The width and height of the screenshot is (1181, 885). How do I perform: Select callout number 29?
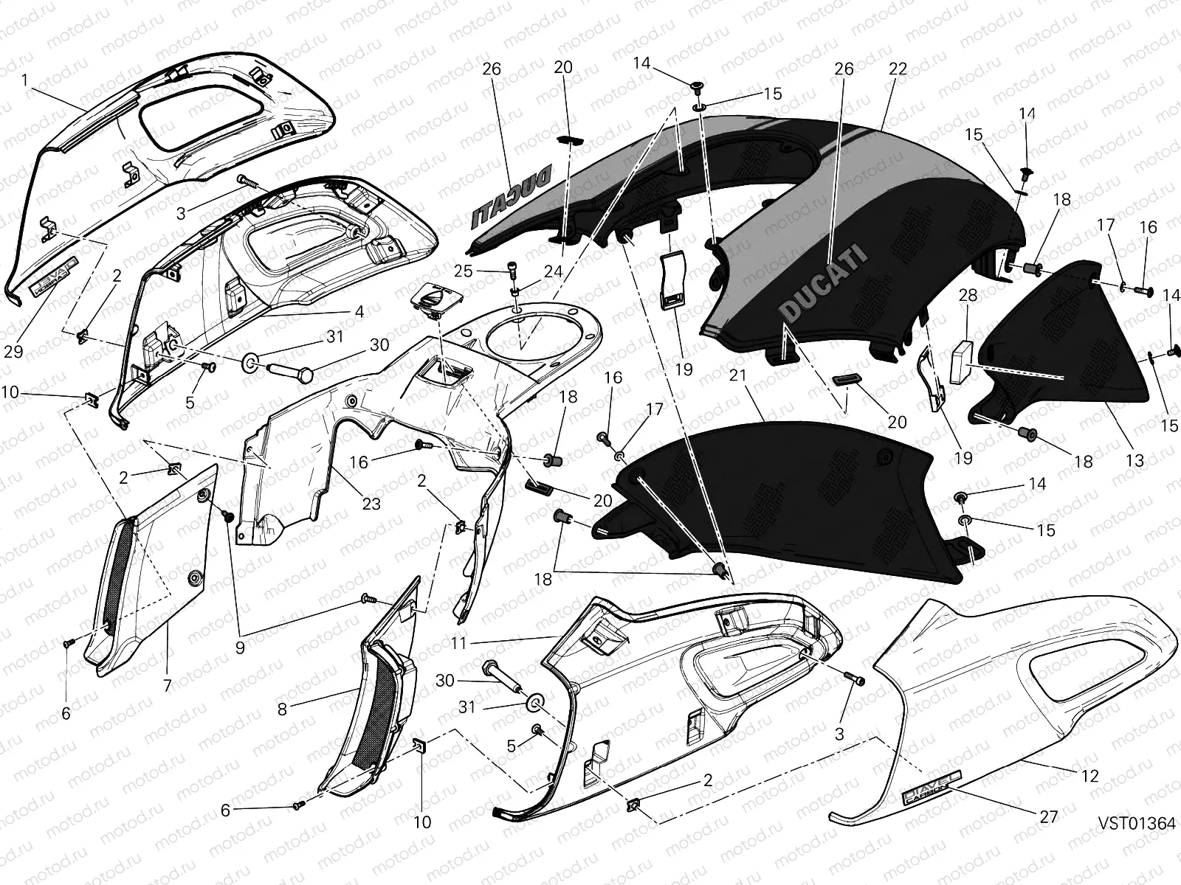[13, 352]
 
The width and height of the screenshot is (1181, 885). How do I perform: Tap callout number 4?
[359, 312]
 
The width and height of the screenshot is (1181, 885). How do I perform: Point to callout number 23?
[371, 504]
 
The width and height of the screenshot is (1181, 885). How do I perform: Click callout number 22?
[898, 69]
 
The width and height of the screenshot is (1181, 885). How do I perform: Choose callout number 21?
[739, 377]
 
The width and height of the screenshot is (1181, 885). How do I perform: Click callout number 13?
[1134, 461]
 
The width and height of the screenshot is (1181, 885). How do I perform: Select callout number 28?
[968, 296]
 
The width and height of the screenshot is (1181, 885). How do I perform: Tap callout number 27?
[1048, 816]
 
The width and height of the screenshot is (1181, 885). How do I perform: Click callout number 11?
[459, 643]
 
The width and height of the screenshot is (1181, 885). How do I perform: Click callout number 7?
[168, 686]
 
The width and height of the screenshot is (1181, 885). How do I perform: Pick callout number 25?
[463, 271]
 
